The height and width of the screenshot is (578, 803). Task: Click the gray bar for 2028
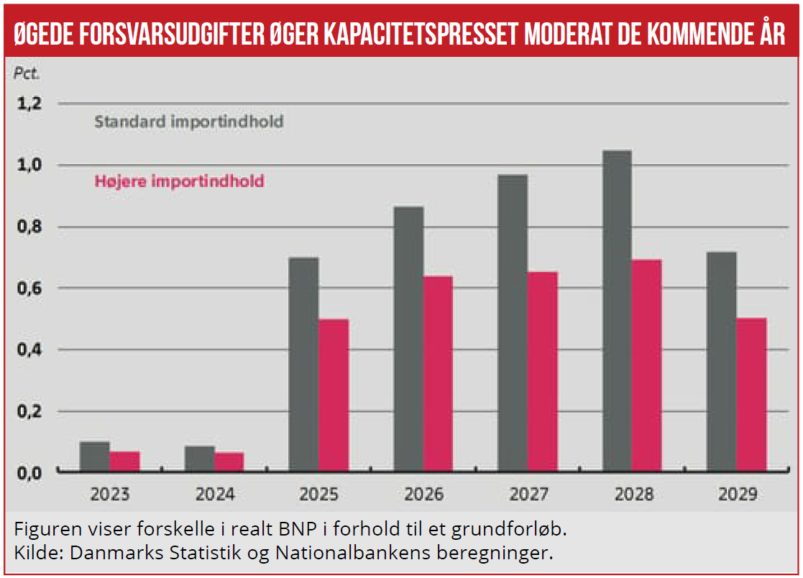[617, 311]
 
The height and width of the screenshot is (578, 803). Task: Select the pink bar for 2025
[333, 395]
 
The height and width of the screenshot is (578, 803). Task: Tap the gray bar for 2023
[94, 456]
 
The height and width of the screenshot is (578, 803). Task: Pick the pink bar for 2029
[751, 394]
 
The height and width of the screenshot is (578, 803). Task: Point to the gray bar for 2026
[408, 339]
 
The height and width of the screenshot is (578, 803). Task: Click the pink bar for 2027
[543, 371]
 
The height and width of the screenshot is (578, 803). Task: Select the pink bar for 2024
[229, 461]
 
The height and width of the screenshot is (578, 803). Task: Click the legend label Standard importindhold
[188, 122]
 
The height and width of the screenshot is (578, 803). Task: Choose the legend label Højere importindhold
[179, 181]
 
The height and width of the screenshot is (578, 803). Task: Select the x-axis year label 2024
[214, 495]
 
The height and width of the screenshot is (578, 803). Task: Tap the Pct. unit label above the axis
[27, 74]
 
